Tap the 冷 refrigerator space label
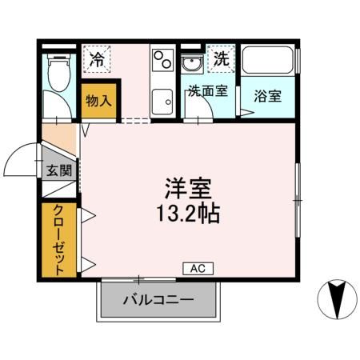(x=98, y=58)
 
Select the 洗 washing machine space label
(x=221, y=58)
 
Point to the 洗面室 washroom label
(x=207, y=91)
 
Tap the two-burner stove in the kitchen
(x=163, y=58)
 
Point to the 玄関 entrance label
(x=58, y=170)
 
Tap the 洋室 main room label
(x=188, y=190)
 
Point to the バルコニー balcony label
(x=158, y=302)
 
